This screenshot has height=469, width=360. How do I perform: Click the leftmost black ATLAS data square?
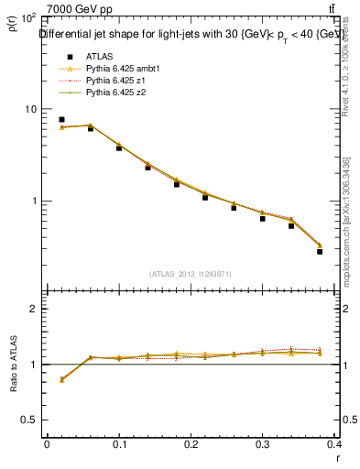61,119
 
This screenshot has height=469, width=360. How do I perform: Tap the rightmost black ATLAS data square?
320,251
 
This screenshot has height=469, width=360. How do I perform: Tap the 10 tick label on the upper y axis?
29,109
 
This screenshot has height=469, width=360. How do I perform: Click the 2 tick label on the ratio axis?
33,309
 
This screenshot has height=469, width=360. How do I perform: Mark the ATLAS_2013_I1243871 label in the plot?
189,274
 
